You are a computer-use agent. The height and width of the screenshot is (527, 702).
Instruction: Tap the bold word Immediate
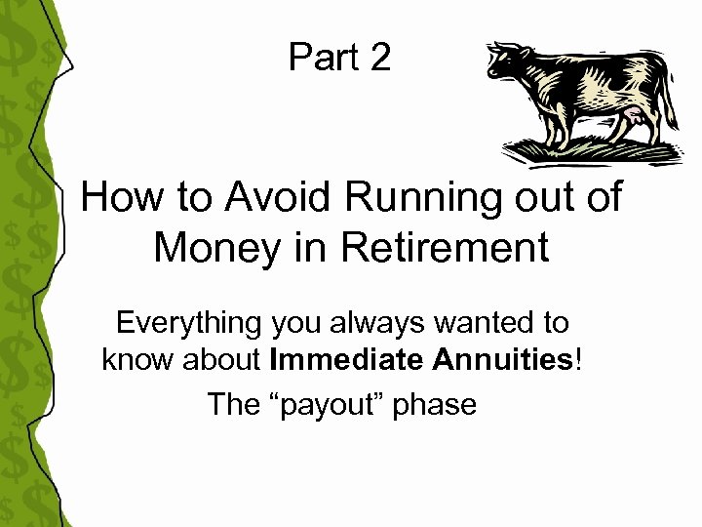tap(346, 361)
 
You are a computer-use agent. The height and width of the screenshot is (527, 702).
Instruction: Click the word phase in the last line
tap(434, 404)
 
